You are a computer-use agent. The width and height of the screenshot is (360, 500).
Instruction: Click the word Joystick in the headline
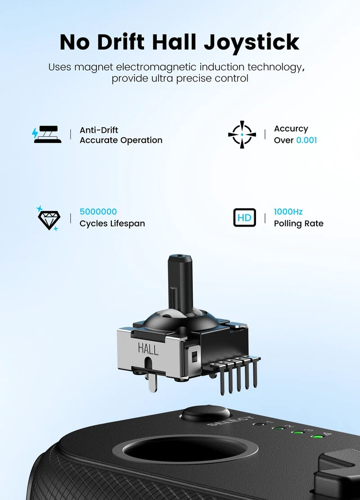point(251,43)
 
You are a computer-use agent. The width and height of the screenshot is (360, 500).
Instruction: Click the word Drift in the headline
point(120,42)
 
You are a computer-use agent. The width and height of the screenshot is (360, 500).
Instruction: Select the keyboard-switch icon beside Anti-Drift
point(47,134)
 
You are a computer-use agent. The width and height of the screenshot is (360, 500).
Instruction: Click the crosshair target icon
point(242,134)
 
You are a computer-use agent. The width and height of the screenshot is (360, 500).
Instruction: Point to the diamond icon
point(49,219)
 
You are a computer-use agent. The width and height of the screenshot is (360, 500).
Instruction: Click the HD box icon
point(245,218)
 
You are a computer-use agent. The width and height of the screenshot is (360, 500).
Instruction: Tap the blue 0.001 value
point(307,140)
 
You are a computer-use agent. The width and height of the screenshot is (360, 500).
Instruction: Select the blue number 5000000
point(98,211)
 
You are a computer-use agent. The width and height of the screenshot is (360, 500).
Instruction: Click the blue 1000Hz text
point(288,211)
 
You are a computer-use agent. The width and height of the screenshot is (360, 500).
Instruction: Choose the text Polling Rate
point(299,223)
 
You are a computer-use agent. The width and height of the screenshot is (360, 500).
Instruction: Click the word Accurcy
point(291,129)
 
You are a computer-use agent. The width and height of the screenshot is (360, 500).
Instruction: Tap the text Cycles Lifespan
point(112,223)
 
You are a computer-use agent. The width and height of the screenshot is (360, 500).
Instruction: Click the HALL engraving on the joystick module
point(148,349)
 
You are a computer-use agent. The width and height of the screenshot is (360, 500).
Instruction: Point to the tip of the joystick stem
point(179,256)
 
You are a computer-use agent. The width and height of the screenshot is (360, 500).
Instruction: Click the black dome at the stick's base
point(181,319)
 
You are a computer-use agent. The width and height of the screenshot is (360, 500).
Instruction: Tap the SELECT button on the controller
point(206,413)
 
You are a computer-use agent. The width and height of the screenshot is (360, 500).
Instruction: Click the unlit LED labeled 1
point(261,425)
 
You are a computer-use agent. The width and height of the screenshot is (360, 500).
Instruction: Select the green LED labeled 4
point(317,436)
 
